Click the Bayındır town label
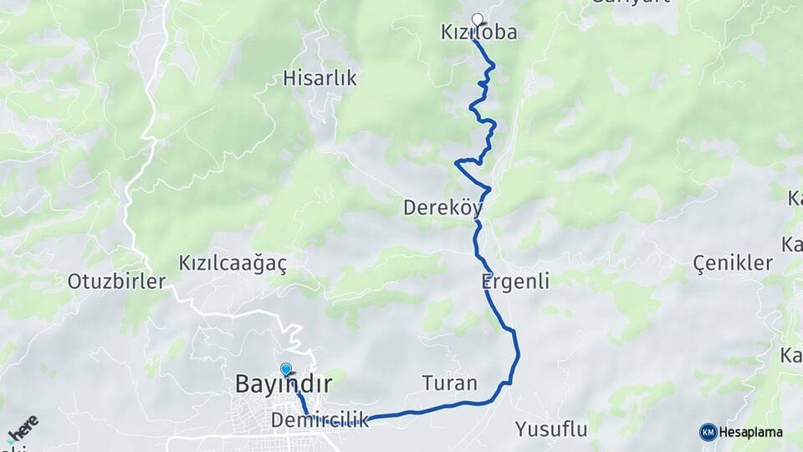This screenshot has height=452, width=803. [x=284, y=385]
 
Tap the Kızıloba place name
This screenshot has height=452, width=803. [x=478, y=33]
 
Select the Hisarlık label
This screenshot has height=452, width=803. [x=320, y=79]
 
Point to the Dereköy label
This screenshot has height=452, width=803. [x=444, y=208]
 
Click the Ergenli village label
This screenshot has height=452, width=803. [x=515, y=281]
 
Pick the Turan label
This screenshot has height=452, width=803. [x=449, y=383]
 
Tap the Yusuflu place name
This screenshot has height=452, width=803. [x=551, y=430]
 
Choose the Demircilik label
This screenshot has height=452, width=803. [x=320, y=420]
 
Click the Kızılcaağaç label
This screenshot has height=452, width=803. [x=233, y=264]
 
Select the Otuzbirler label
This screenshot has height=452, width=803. [x=116, y=281]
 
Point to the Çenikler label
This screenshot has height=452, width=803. [x=733, y=263]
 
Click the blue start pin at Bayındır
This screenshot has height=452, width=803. [x=286, y=369]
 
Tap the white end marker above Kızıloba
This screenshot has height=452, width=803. [x=478, y=20]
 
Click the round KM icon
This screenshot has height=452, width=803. [x=708, y=432]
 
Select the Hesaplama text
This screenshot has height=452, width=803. [x=750, y=433]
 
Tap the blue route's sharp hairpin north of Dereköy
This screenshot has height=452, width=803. [x=457, y=162]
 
